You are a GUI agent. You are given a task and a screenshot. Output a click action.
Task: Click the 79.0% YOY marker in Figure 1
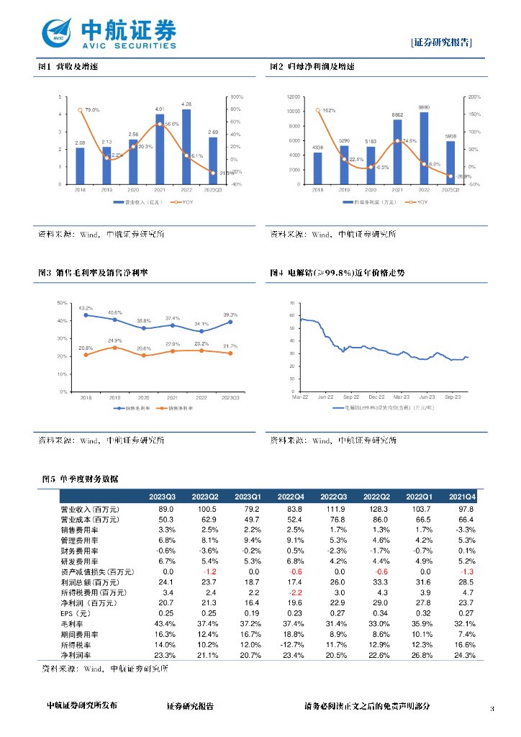pyautogui.click(x=80, y=110)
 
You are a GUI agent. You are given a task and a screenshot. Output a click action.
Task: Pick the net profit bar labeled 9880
pyautogui.click(x=424, y=149)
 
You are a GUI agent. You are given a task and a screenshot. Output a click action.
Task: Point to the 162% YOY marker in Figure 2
pyautogui.click(x=317, y=111)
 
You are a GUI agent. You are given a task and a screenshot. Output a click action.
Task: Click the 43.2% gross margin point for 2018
pyautogui.click(x=86, y=315)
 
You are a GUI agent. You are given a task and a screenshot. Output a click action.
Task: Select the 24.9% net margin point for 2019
pyautogui.click(x=115, y=348)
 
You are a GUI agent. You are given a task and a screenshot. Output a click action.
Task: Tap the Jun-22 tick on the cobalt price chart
pyautogui.click(x=326, y=397)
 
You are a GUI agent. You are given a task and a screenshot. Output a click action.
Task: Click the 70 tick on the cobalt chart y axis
pyautogui.click(x=291, y=303)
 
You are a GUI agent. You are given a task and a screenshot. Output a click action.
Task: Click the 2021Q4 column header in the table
pyautogui.click(x=462, y=497)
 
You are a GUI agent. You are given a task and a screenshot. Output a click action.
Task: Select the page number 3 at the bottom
pyautogui.click(x=491, y=710)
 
